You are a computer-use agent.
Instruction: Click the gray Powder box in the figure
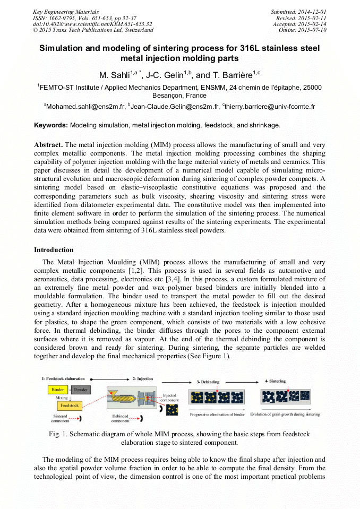point(81,390)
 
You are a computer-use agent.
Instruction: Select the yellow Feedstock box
point(70,405)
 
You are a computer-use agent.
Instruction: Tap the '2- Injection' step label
point(142,379)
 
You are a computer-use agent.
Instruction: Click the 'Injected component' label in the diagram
point(170,398)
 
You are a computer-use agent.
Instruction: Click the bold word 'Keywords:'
point(51,125)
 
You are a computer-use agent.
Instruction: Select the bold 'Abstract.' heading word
point(48,145)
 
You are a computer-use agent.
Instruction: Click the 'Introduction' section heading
point(54,249)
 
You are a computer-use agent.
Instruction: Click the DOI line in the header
point(92,24)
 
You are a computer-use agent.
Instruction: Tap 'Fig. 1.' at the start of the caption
point(58,434)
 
